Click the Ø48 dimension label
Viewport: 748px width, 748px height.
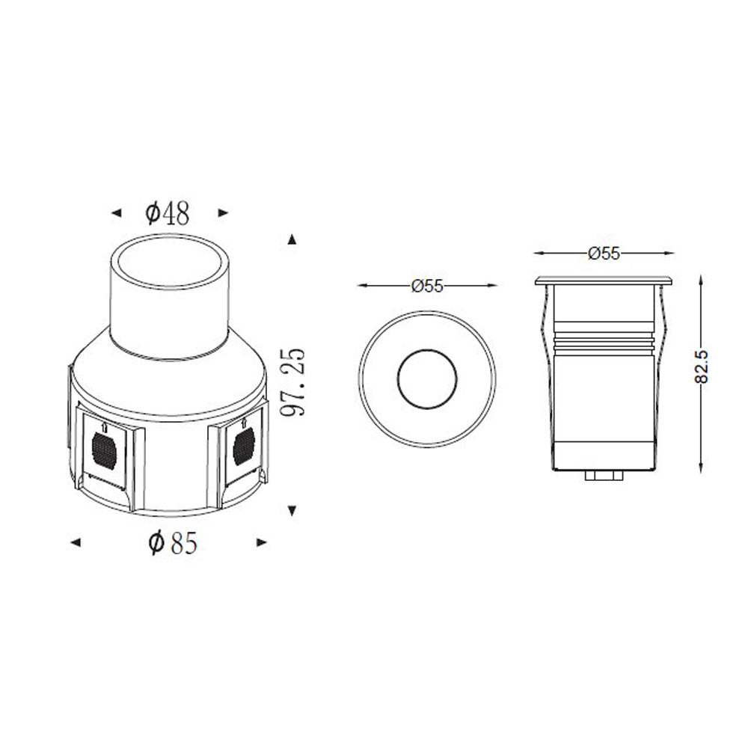point(168,213)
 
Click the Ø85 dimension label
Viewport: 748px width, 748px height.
point(173,543)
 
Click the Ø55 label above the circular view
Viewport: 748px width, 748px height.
point(427,285)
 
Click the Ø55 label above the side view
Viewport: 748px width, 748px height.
point(604,254)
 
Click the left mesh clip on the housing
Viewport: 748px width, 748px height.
point(105,450)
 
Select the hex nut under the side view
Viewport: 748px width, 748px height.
point(605,475)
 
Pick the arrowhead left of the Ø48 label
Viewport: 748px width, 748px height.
point(116,214)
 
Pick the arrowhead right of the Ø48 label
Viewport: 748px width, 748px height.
point(222,214)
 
